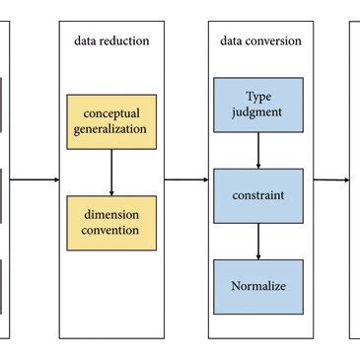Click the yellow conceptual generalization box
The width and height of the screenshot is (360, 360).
111,122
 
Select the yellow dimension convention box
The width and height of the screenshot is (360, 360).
111,222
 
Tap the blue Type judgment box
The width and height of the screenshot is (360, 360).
258,104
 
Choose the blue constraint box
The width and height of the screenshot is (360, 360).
258,195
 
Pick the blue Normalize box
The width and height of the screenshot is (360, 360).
258,287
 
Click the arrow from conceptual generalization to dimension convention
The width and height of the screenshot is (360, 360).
111,172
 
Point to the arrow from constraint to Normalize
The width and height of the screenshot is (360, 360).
258,241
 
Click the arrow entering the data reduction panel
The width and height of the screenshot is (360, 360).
35,180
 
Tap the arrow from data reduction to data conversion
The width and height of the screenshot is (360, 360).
184,180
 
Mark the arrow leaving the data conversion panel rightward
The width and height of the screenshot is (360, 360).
330,180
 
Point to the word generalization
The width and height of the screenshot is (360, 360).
111,129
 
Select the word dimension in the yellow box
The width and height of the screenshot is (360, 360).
111,214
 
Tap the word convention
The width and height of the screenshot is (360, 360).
111,230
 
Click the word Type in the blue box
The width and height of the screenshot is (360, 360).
258,97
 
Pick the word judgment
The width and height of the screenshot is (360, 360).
258,111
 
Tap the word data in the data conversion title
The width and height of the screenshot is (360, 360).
231,40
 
